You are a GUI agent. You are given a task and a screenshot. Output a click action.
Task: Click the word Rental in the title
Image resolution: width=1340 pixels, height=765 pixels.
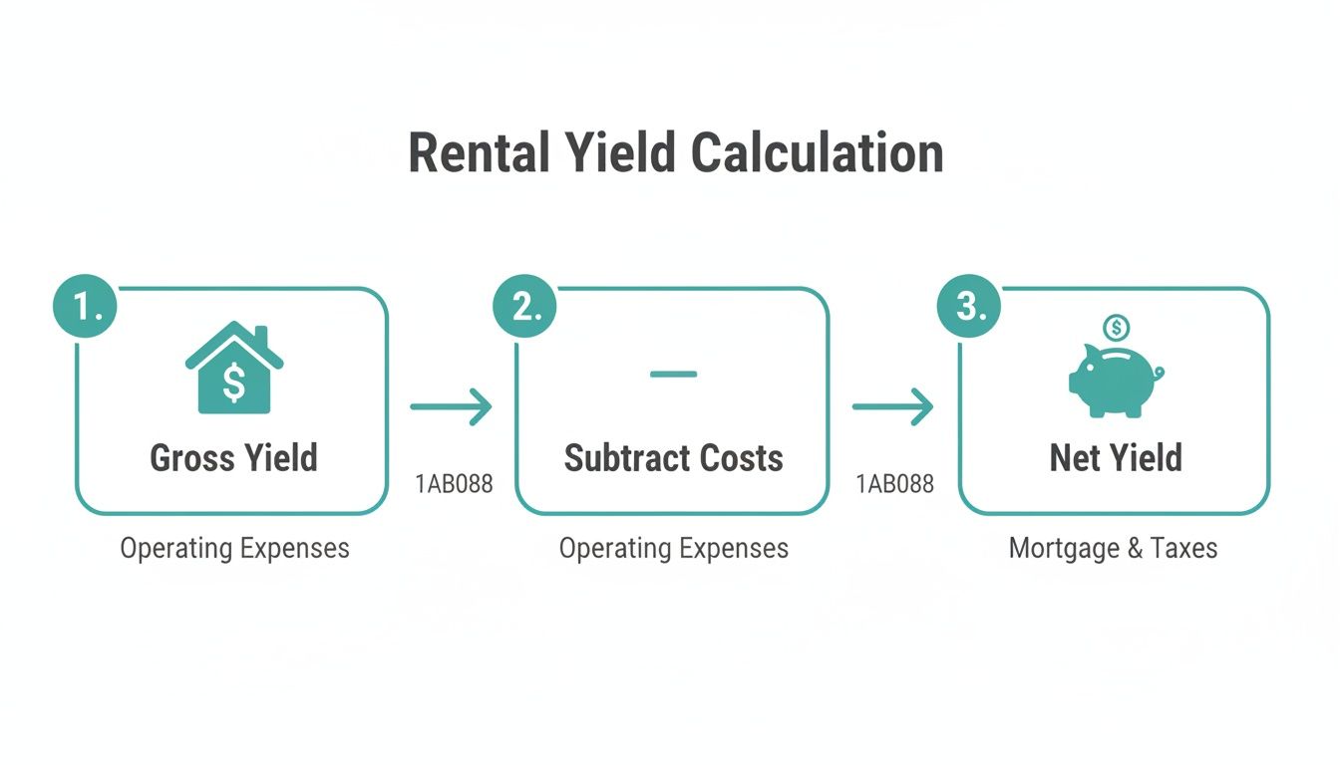coord(480,153)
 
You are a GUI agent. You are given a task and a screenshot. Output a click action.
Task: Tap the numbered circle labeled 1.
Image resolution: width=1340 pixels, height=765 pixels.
coord(86,306)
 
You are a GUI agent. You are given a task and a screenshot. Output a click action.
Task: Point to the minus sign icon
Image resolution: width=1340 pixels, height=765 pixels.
coord(673,375)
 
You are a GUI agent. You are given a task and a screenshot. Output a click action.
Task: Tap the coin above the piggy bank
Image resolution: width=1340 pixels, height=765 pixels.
coord(1117,326)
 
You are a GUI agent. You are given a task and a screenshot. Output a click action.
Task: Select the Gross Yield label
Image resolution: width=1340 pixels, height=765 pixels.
coord(233,458)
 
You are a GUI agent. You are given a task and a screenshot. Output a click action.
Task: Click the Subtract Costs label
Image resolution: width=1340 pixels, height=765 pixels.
coord(673,458)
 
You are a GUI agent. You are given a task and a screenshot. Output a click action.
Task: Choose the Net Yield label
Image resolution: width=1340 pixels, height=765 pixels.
coord(1116,458)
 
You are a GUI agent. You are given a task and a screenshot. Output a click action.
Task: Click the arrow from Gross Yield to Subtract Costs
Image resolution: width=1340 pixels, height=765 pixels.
coord(452,406)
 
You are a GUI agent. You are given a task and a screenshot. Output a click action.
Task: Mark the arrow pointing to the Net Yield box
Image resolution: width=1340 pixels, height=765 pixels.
coord(892,406)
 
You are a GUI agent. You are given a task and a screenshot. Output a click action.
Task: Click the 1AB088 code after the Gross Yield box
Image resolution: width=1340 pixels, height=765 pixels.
coord(454,485)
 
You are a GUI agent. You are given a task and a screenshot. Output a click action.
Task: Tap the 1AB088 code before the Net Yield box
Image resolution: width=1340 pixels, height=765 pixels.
coord(894,485)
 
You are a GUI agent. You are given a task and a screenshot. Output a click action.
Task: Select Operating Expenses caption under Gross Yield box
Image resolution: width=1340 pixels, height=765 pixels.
coord(234,548)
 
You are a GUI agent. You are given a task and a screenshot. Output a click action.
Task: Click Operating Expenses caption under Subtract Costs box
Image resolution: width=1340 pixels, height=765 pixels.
coord(673,548)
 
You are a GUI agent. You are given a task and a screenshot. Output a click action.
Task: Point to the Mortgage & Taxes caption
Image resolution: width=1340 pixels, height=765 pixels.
coord(1113,548)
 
